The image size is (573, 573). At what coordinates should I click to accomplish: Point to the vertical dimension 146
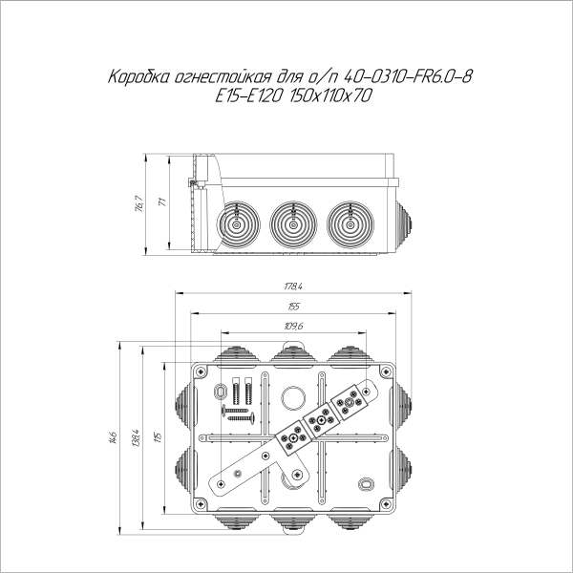point(113,437)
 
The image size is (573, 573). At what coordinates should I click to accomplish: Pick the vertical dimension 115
point(159,437)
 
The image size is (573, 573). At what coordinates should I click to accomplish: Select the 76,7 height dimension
point(138,203)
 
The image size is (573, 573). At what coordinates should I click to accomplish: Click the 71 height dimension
point(162,203)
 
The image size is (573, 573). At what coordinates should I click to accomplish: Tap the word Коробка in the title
point(140,76)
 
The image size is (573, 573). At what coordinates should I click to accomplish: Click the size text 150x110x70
point(333,95)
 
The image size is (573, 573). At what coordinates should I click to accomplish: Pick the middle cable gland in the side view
point(291,226)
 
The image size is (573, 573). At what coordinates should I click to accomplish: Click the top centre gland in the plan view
point(291,355)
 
